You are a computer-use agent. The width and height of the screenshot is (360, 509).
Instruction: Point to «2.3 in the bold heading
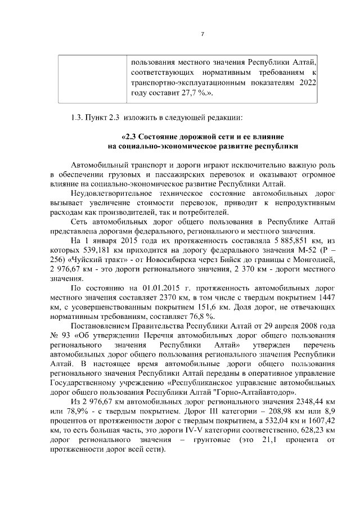[130, 137]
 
